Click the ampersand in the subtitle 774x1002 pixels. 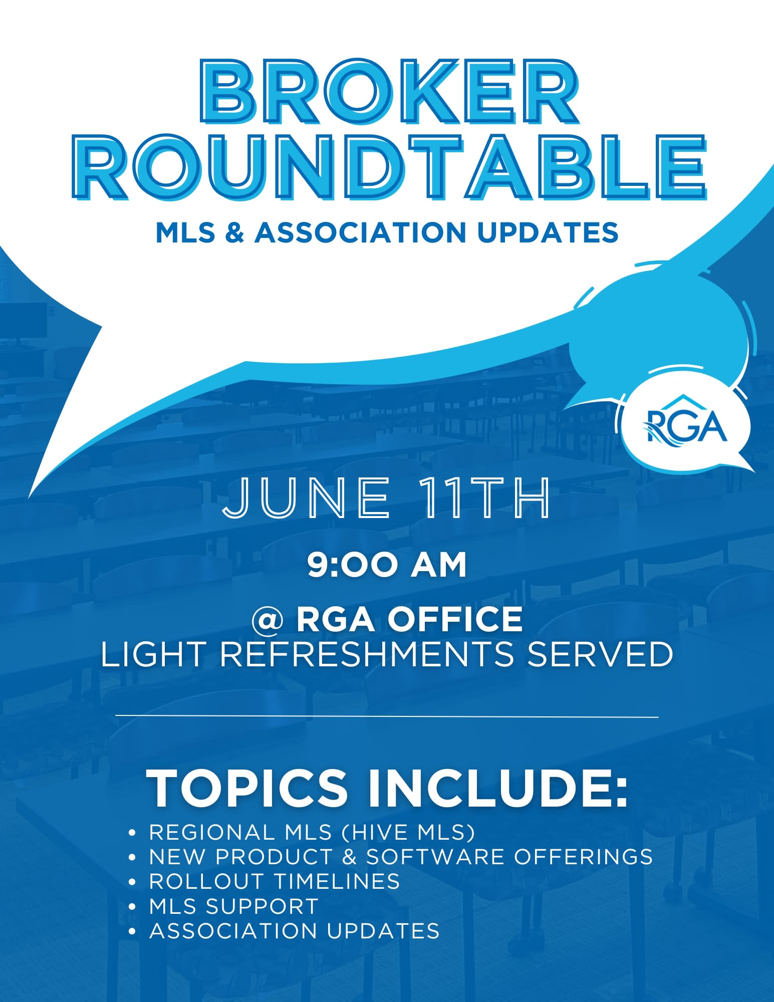click(x=234, y=232)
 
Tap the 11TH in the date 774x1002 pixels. click(x=484, y=498)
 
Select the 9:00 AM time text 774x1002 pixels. click(x=387, y=565)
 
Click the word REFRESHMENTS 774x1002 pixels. click(x=367, y=654)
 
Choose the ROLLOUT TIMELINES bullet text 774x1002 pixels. click(x=275, y=881)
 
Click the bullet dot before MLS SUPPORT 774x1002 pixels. click(x=132, y=906)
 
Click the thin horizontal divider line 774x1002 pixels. click(x=387, y=716)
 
